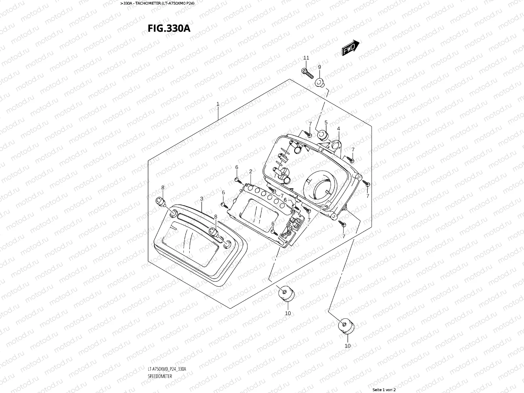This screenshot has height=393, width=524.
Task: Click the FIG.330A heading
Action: [169, 28]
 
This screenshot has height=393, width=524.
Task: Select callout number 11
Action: [306, 58]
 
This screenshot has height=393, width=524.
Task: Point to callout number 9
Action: [319, 67]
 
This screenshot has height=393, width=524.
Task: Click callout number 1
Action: [218, 104]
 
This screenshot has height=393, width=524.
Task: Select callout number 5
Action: [326, 122]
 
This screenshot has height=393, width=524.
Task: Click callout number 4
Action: [338, 129]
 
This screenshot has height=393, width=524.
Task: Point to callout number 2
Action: [251, 171]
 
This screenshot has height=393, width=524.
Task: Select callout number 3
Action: [201, 199]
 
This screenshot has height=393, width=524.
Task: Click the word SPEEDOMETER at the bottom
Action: [160, 376]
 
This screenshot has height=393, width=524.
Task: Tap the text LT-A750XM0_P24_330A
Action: [167, 369]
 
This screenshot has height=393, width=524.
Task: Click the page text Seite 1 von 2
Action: [384, 390]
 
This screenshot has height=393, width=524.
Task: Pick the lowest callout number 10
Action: [347, 346]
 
